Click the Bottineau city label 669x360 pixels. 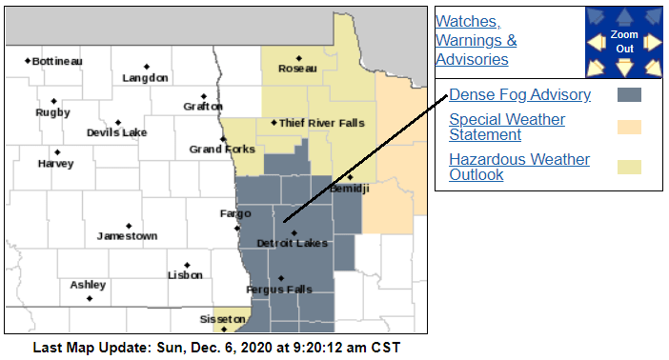[57, 61]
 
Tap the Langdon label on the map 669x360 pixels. [145, 78]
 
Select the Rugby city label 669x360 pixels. [53, 112]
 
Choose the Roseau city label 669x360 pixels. [297, 69]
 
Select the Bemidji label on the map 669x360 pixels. [347, 190]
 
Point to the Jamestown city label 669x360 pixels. [128, 235]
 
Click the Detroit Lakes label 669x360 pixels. [292, 243]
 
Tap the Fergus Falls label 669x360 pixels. [279, 289]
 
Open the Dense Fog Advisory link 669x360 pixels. [520, 94]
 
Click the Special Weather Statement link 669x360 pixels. [507, 127]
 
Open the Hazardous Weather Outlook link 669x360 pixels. [519, 167]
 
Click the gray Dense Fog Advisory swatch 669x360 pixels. [629, 94]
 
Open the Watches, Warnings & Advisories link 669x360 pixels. [476, 40]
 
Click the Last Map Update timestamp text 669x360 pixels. [216, 348]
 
